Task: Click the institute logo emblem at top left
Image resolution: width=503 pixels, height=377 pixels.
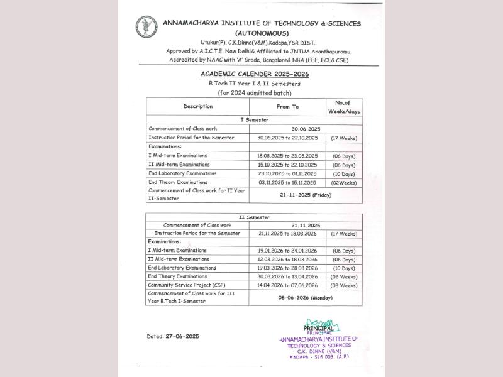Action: [x=146, y=27]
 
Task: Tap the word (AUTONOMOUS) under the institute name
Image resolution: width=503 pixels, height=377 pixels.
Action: [x=262, y=33]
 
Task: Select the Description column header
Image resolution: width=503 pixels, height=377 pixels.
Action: [x=198, y=106]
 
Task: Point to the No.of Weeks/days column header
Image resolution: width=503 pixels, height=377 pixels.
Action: [x=343, y=107]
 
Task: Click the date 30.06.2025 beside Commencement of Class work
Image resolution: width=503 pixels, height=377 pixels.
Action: [x=306, y=128]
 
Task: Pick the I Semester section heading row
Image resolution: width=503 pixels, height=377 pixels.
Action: [x=255, y=119]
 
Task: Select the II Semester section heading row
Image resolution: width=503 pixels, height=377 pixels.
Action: [x=255, y=217]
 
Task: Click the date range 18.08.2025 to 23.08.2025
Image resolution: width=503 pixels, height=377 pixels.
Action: [x=287, y=155]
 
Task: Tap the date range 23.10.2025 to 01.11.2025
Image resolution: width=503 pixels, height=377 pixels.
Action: [x=287, y=173]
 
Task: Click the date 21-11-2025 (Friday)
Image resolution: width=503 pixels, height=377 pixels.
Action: [x=306, y=195]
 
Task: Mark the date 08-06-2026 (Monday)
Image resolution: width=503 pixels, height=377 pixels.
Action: [x=306, y=298]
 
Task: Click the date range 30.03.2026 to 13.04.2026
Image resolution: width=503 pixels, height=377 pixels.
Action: [x=287, y=276]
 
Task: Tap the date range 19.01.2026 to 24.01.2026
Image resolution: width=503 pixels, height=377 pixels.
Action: [x=287, y=250]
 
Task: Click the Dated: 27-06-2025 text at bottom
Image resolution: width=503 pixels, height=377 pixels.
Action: [x=173, y=336]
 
